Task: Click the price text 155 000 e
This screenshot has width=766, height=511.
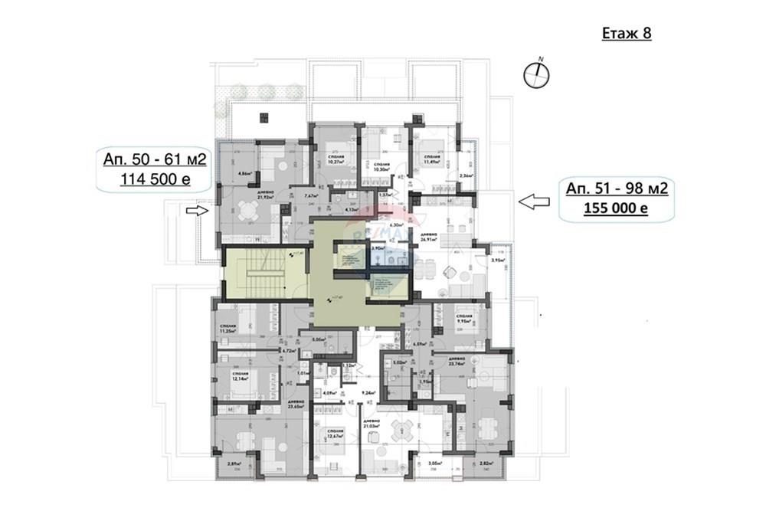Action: click(610, 208)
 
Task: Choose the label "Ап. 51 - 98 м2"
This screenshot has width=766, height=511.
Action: click(610, 188)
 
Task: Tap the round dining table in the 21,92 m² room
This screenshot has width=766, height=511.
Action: click(246, 209)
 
